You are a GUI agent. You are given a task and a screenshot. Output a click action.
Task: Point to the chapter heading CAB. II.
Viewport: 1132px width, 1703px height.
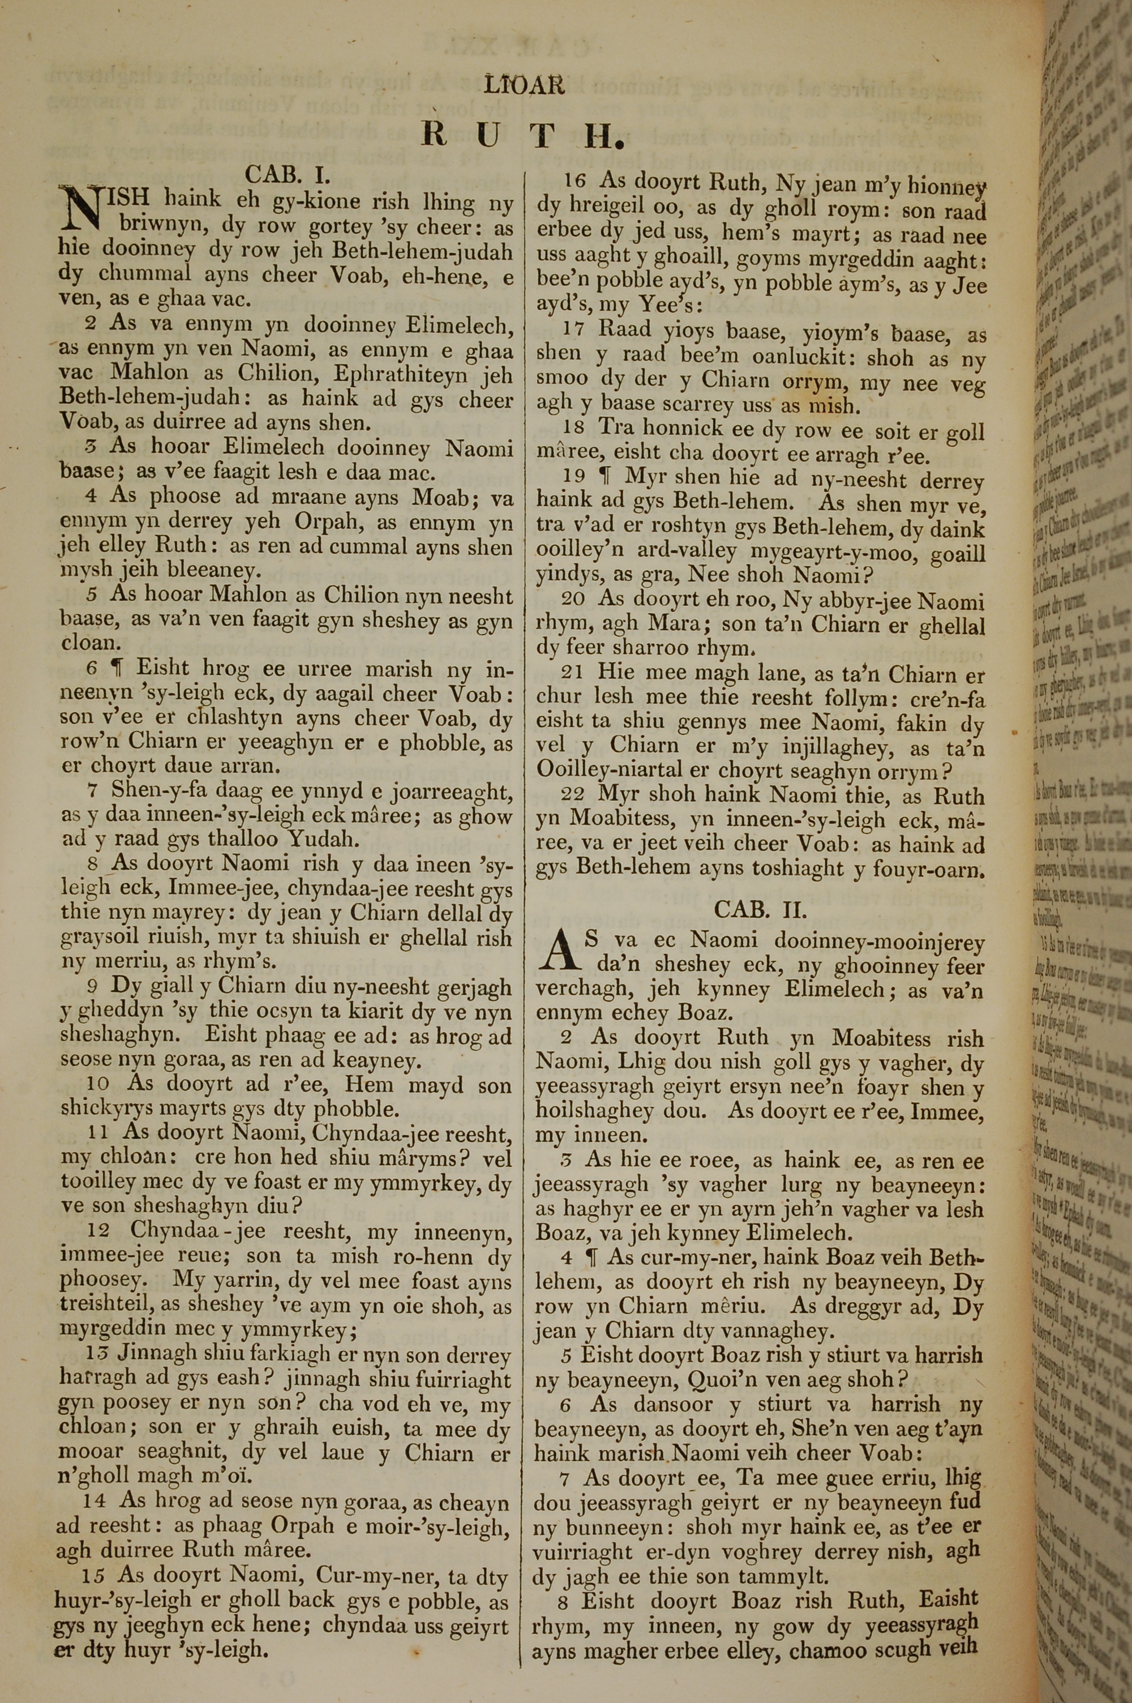tap(760, 908)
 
